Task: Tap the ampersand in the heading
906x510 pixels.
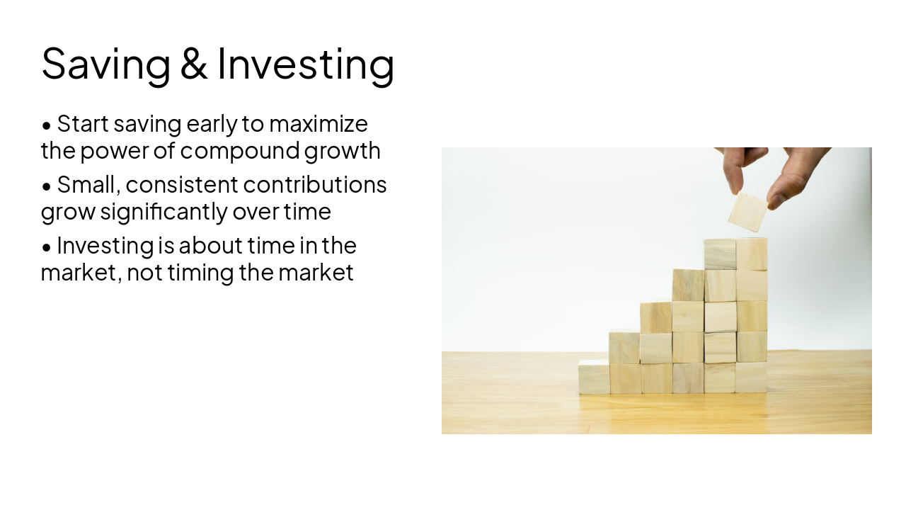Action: point(193,64)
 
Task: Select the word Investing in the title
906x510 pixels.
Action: point(305,64)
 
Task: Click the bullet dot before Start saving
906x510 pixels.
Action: point(47,126)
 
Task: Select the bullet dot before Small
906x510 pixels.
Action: point(47,187)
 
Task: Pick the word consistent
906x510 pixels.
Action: point(182,185)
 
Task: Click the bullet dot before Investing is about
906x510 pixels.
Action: point(47,248)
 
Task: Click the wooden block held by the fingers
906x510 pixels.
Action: point(748,211)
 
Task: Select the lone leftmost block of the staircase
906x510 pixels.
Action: point(594,378)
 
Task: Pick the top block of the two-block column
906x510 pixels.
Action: point(624,347)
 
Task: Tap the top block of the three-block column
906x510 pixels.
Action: point(656,317)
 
